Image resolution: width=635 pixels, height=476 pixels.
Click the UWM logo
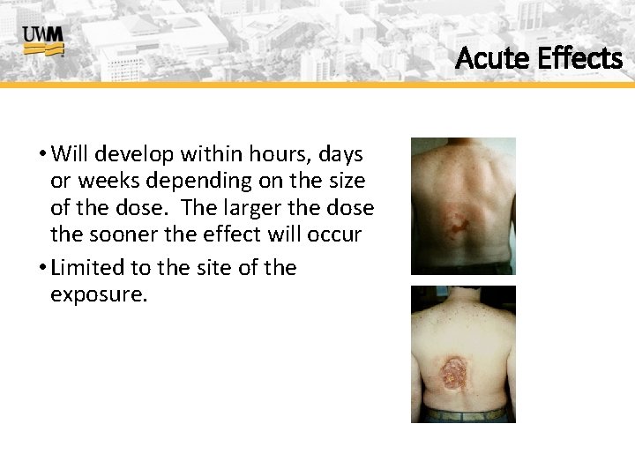(42, 41)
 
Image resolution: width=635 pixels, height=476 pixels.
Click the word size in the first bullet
(345, 182)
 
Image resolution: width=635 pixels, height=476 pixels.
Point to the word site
(212, 267)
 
